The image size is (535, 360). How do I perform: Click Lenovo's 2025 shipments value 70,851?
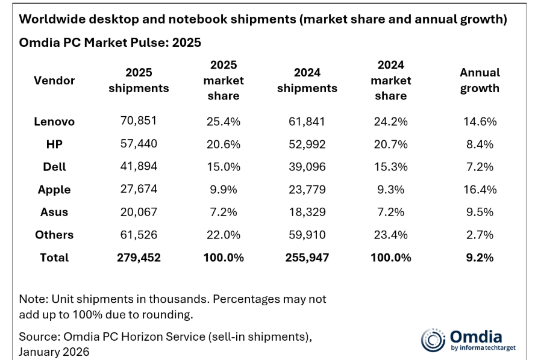point(139,121)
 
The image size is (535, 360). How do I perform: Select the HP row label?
point(54,144)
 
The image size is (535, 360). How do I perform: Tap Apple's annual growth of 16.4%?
point(480,190)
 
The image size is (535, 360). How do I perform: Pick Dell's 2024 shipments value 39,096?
point(307,167)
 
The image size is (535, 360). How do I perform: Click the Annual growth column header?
point(480,80)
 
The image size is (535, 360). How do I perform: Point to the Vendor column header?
point(54,80)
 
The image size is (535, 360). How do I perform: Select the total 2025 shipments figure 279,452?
point(139,258)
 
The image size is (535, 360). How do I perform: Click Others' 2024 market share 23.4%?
point(390,235)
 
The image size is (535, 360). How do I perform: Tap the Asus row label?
point(54,212)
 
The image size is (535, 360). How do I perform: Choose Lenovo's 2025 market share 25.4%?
point(223,121)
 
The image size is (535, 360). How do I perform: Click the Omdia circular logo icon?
point(433,340)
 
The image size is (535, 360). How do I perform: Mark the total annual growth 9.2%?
point(480,258)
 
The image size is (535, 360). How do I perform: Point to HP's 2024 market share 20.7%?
point(390,144)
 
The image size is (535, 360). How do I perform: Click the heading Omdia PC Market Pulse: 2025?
point(110,43)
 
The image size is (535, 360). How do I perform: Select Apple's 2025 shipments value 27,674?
point(139,190)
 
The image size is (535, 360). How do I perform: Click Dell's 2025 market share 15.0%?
point(223,167)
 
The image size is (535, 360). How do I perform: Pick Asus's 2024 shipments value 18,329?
point(307,212)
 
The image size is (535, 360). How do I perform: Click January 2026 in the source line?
point(54,352)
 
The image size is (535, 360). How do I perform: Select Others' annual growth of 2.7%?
point(480,235)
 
